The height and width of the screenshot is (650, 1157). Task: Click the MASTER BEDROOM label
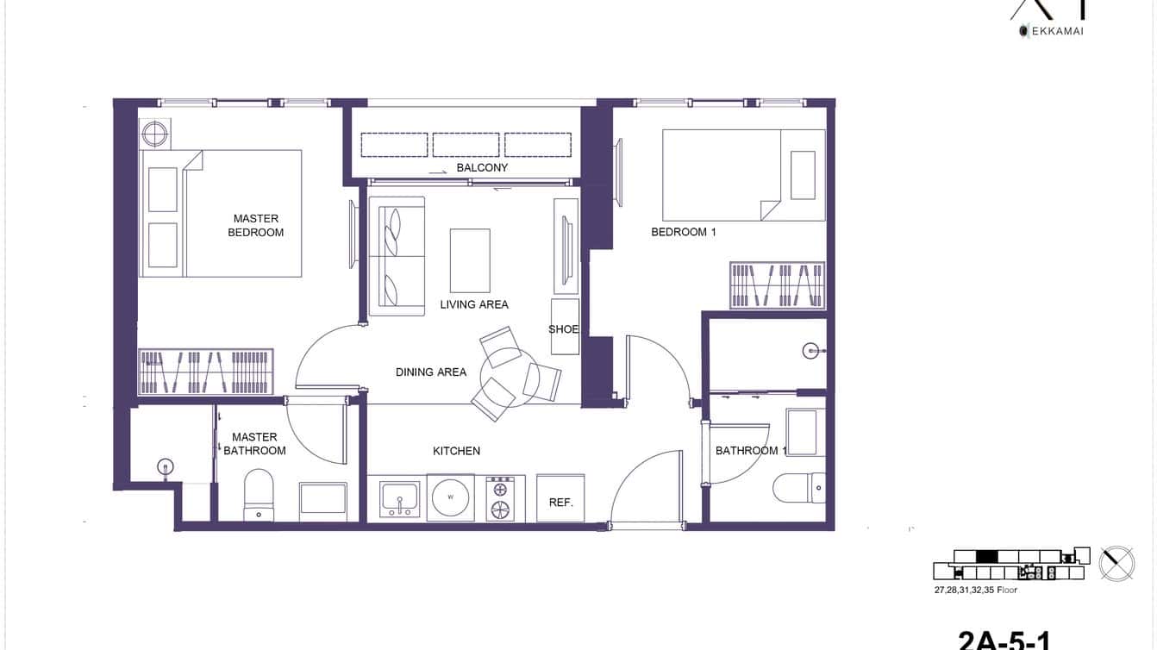[x=255, y=226]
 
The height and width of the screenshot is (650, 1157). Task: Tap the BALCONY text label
[x=482, y=168]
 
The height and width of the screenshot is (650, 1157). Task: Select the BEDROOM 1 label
[x=683, y=232]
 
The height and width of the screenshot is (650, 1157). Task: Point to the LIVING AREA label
[x=474, y=304]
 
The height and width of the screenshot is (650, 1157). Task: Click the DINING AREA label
[x=431, y=372]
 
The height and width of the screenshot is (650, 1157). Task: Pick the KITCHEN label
[x=456, y=451]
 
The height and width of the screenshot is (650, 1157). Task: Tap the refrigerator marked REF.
[x=560, y=499]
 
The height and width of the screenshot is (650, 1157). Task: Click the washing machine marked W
[x=450, y=497]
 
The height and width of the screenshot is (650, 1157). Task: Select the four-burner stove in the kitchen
[x=501, y=498]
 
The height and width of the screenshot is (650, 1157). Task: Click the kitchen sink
[x=399, y=498]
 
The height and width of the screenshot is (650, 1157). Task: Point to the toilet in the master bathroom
[x=259, y=495]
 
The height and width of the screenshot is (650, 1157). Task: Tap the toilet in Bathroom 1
[x=799, y=488]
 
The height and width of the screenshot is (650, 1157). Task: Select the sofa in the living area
[x=397, y=256]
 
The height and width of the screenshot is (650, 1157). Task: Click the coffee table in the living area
[x=470, y=260]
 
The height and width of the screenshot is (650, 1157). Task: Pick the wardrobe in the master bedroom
[x=206, y=372]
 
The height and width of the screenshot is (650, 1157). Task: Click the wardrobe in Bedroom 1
[x=777, y=285]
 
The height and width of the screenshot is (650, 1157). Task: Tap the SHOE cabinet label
[x=564, y=329]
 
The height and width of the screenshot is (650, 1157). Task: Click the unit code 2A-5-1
[x=1004, y=639]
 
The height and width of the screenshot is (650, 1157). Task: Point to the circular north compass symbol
[x=1116, y=563]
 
